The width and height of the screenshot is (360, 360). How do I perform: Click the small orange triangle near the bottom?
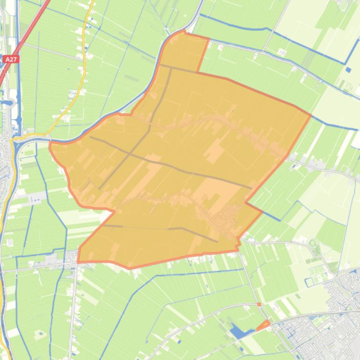(x=264, y=325)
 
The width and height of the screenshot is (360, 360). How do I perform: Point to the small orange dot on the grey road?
(x=259, y=304)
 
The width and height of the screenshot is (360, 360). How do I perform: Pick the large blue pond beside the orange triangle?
(x=239, y=332)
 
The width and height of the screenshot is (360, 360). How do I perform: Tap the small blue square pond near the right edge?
(x=348, y=70)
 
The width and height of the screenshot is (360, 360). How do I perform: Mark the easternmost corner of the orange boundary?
(x=310, y=114)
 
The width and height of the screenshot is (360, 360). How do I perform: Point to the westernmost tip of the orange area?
(x=50, y=145)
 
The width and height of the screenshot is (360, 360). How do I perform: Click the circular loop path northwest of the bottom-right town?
(x=313, y=243)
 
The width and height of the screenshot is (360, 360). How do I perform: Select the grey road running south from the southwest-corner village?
(x=74, y=309)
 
